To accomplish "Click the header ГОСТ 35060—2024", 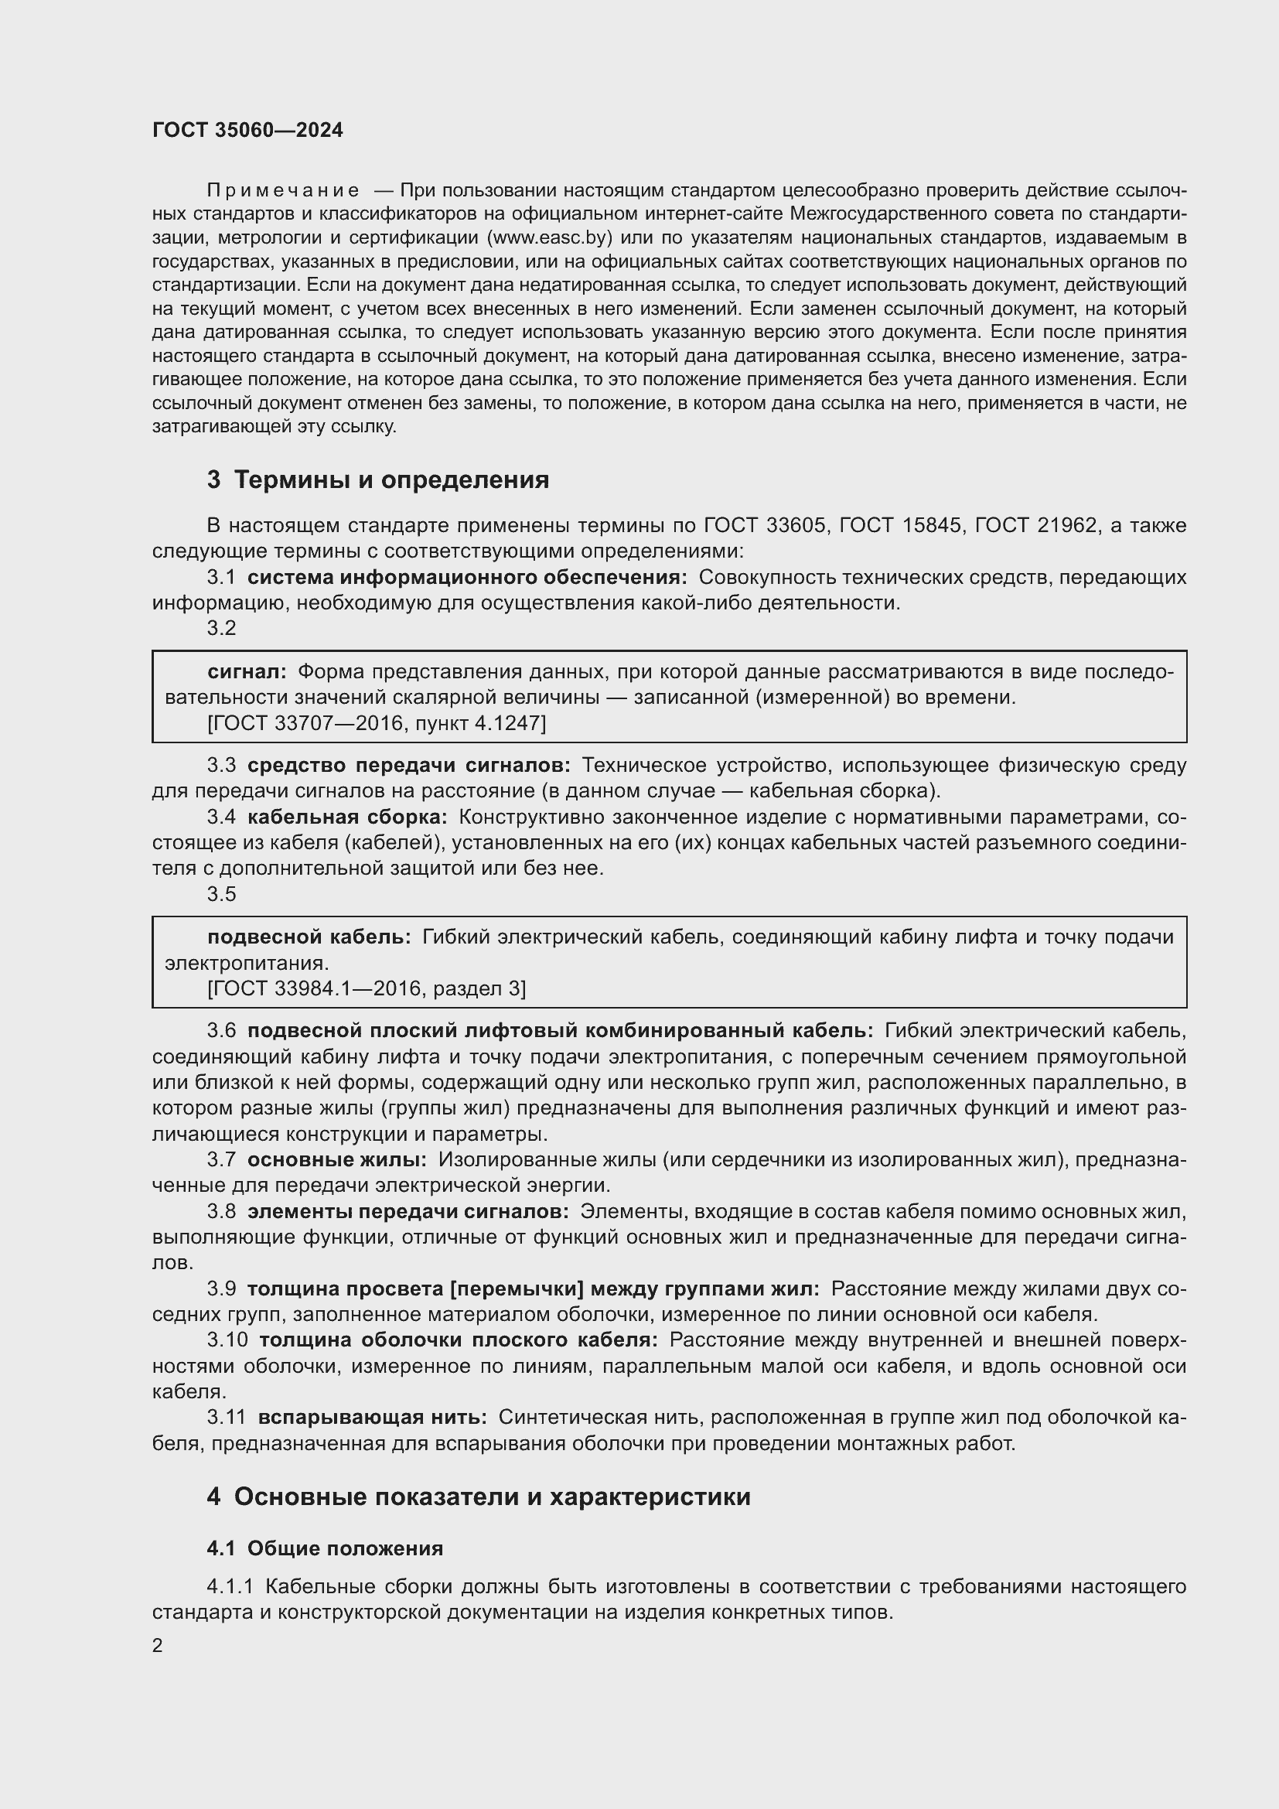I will tap(247, 130).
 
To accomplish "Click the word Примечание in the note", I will tap(284, 191).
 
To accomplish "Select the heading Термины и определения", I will tap(391, 480).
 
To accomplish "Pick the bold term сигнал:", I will tap(247, 672).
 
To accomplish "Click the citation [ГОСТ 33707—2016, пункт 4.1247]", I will tap(376, 722).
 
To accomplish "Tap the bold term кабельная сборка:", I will tap(346, 817).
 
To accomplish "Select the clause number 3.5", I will tap(221, 894).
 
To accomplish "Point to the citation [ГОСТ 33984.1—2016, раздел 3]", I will tap(367, 988).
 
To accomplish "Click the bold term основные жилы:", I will tap(336, 1160).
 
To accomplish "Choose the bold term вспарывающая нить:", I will tap(372, 1418).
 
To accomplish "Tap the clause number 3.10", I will tap(227, 1340).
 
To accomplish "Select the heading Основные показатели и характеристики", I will tap(492, 1497).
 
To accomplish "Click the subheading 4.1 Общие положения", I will tap(325, 1549).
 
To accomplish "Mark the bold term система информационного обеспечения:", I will tap(466, 578).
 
